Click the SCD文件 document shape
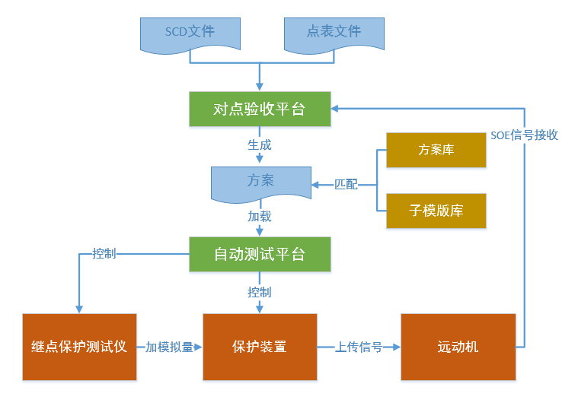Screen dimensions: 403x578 point(190,33)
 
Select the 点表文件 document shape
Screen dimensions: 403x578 point(334,33)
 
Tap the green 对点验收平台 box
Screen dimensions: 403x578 point(260,109)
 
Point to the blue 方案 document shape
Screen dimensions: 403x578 point(260,182)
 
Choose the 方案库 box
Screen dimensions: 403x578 point(436,150)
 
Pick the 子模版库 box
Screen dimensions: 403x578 point(436,211)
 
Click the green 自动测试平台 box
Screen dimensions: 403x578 point(260,254)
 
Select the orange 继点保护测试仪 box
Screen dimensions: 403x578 point(79,347)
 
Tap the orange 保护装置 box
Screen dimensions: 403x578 point(260,347)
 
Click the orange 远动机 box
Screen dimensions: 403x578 point(458,347)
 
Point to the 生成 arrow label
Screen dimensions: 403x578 point(260,144)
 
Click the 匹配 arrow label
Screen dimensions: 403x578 point(346,185)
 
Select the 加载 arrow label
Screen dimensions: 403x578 point(260,217)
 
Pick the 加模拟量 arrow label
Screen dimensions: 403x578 point(169,347)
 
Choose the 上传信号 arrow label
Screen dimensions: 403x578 point(359,347)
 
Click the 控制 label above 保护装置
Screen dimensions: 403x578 point(260,292)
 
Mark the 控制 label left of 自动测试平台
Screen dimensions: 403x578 point(104,254)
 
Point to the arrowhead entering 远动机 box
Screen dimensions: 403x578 point(397,347)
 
